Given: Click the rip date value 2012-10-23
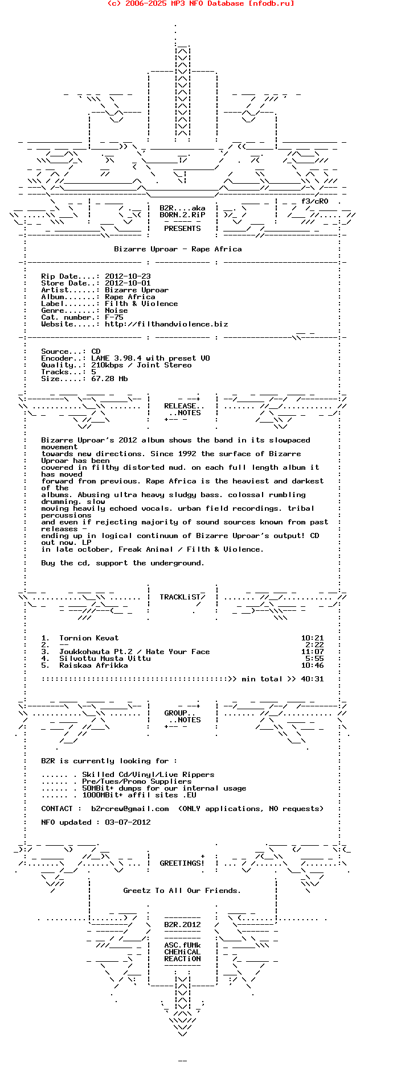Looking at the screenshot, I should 128,276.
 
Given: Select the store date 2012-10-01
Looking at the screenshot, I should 128,283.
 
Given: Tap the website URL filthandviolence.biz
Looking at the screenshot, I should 166,324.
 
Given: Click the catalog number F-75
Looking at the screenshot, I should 114,317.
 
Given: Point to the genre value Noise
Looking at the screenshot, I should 116,311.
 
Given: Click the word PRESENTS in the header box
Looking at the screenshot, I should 182,229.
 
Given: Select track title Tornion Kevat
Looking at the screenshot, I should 89,638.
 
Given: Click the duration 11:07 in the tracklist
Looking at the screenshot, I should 312,652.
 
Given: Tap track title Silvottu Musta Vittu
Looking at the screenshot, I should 105,659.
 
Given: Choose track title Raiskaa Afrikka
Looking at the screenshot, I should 93,665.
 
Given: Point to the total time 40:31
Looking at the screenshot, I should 312,679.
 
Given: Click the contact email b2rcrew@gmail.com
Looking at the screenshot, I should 130,809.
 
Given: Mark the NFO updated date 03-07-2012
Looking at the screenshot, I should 128,822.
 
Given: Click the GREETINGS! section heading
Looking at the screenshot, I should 182,863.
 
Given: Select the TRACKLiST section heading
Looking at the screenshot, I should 180,597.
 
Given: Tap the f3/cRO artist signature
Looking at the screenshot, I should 314,201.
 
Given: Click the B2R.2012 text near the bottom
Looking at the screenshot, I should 182,925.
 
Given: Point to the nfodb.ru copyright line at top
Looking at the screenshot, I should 200,3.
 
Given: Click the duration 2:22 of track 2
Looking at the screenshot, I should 314,645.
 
